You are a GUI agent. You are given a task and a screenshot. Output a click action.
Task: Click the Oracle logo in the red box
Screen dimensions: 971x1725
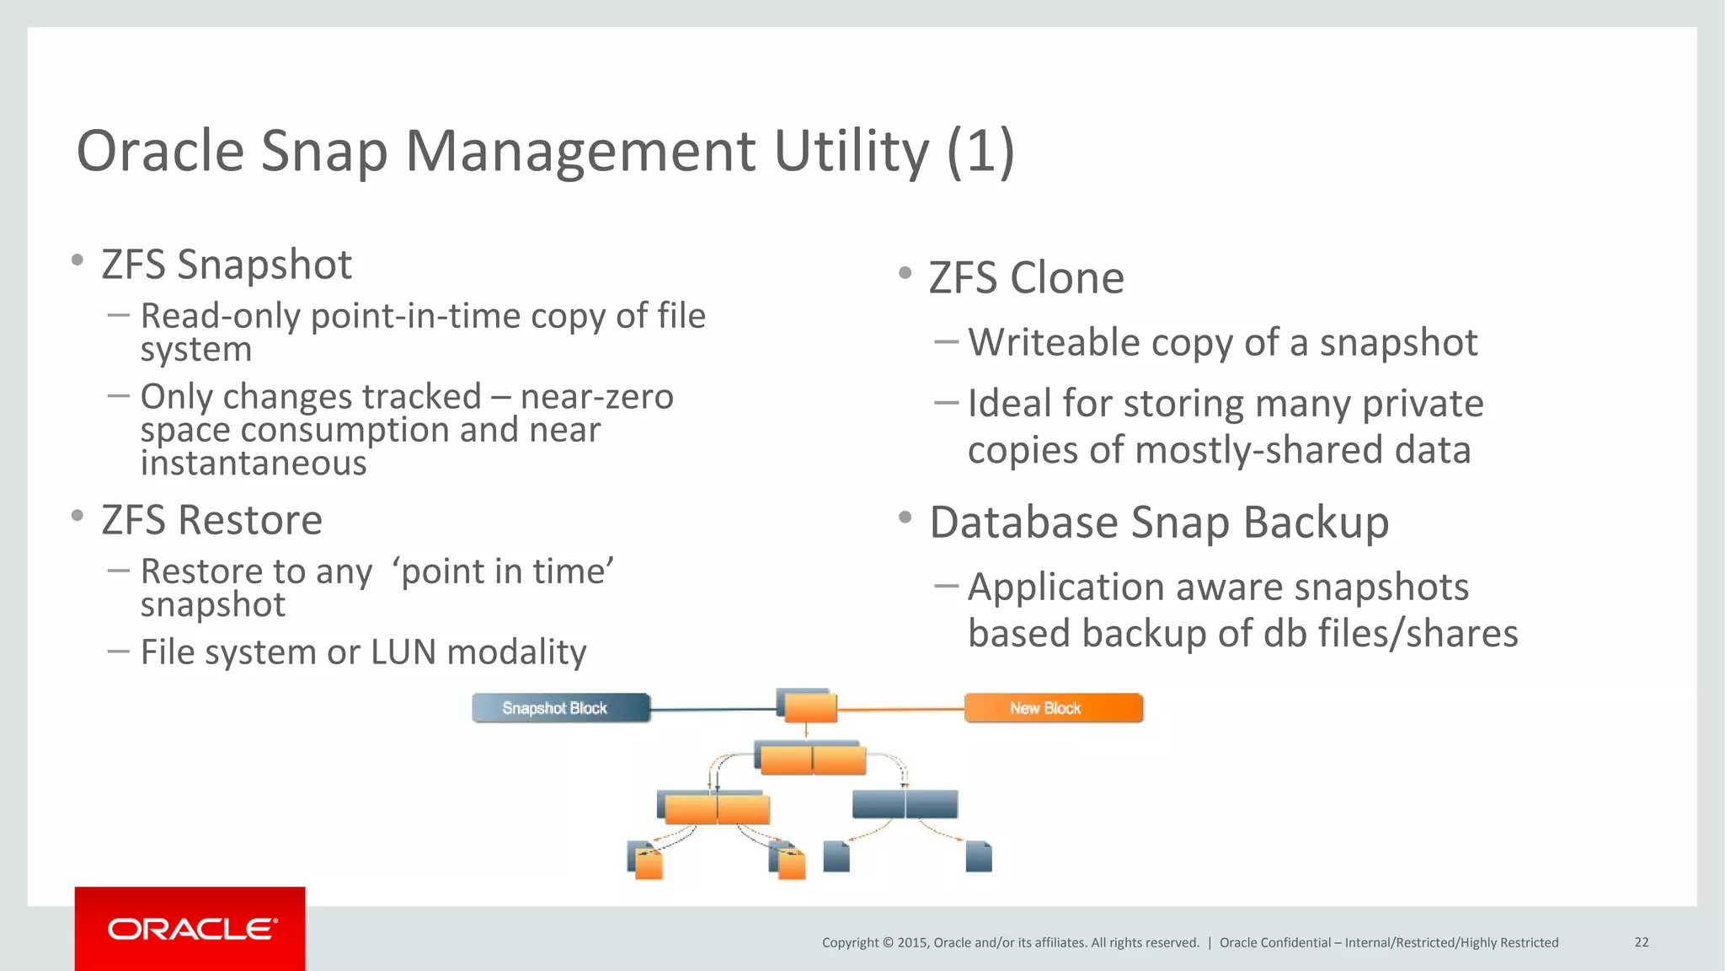tap(191, 929)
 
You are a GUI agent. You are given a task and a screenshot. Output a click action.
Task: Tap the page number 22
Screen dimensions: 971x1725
tap(1641, 942)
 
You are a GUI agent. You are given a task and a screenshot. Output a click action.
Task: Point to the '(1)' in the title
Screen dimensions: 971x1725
tap(980, 152)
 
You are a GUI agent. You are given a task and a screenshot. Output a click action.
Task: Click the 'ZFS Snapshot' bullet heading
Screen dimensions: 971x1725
tap(226, 265)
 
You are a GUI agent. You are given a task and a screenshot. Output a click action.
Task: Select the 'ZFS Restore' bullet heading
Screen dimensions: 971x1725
tap(211, 520)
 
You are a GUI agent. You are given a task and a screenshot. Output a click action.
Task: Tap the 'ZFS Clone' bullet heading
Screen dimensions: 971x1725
tap(1026, 278)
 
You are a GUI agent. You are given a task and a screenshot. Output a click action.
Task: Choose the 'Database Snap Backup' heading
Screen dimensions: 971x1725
tap(1159, 522)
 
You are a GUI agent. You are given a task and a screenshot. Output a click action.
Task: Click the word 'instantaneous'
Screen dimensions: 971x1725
tap(254, 464)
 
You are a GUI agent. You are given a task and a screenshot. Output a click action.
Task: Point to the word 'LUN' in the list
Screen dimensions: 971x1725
tap(403, 652)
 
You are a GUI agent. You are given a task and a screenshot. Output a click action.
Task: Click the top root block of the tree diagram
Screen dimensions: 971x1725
tap(809, 706)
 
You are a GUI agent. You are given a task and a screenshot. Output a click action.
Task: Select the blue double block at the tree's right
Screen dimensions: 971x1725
tap(905, 804)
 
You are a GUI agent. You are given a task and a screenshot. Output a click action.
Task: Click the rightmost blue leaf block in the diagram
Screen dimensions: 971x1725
tap(978, 856)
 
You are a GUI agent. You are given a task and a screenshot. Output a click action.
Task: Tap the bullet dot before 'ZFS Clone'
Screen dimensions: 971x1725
tap(905, 273)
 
